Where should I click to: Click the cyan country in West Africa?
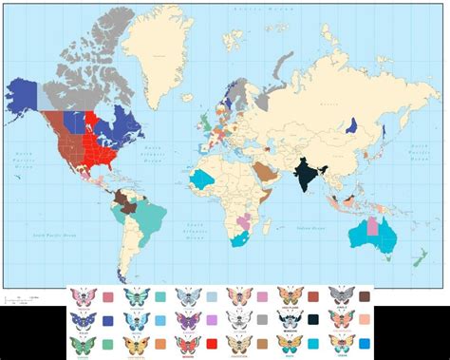pos(202,179)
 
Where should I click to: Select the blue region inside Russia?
pos(352,124)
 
